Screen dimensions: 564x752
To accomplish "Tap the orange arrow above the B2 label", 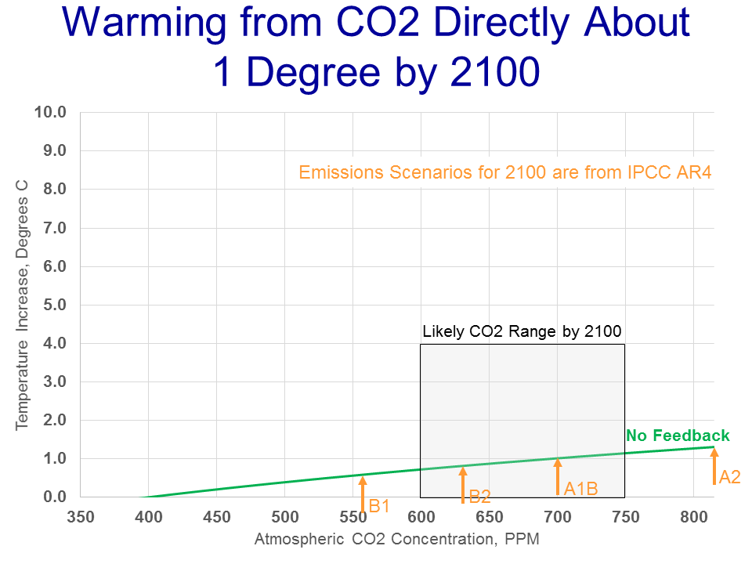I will point(463,484).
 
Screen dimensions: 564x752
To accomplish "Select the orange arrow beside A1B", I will point(558,476).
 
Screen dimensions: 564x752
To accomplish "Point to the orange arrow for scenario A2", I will point(714,466).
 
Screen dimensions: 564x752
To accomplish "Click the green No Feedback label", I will point(678,436).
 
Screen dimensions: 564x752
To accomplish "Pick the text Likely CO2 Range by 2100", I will point(522,331).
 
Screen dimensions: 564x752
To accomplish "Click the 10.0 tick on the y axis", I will point(50,112).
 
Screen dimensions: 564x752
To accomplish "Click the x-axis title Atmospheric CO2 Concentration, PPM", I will point(397,539).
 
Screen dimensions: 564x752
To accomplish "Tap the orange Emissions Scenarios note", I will point(505,172).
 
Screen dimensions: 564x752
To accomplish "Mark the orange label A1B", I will point(580,490).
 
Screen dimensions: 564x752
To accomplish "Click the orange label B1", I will point(379,506).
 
